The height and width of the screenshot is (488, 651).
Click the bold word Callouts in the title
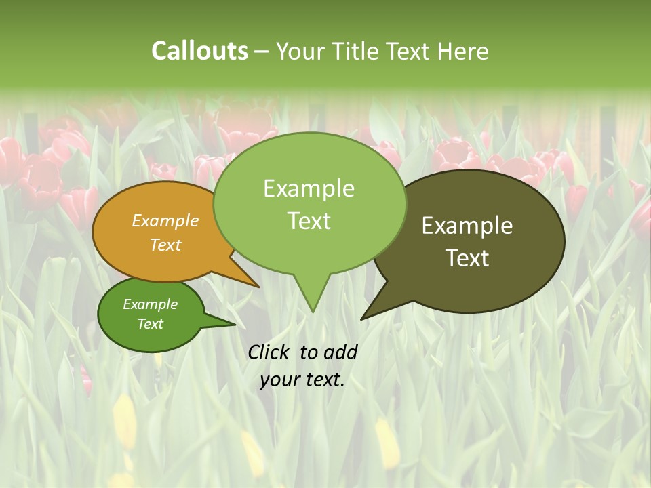199,51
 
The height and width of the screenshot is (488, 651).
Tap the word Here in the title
462,51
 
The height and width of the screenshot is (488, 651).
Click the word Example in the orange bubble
165,220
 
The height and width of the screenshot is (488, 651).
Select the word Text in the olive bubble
467,258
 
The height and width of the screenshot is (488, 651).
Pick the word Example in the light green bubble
309,188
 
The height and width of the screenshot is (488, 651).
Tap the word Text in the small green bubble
151,324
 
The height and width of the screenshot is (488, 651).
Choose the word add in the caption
340,352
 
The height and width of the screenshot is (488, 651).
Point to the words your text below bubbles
302,380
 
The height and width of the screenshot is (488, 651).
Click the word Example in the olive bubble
467,226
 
